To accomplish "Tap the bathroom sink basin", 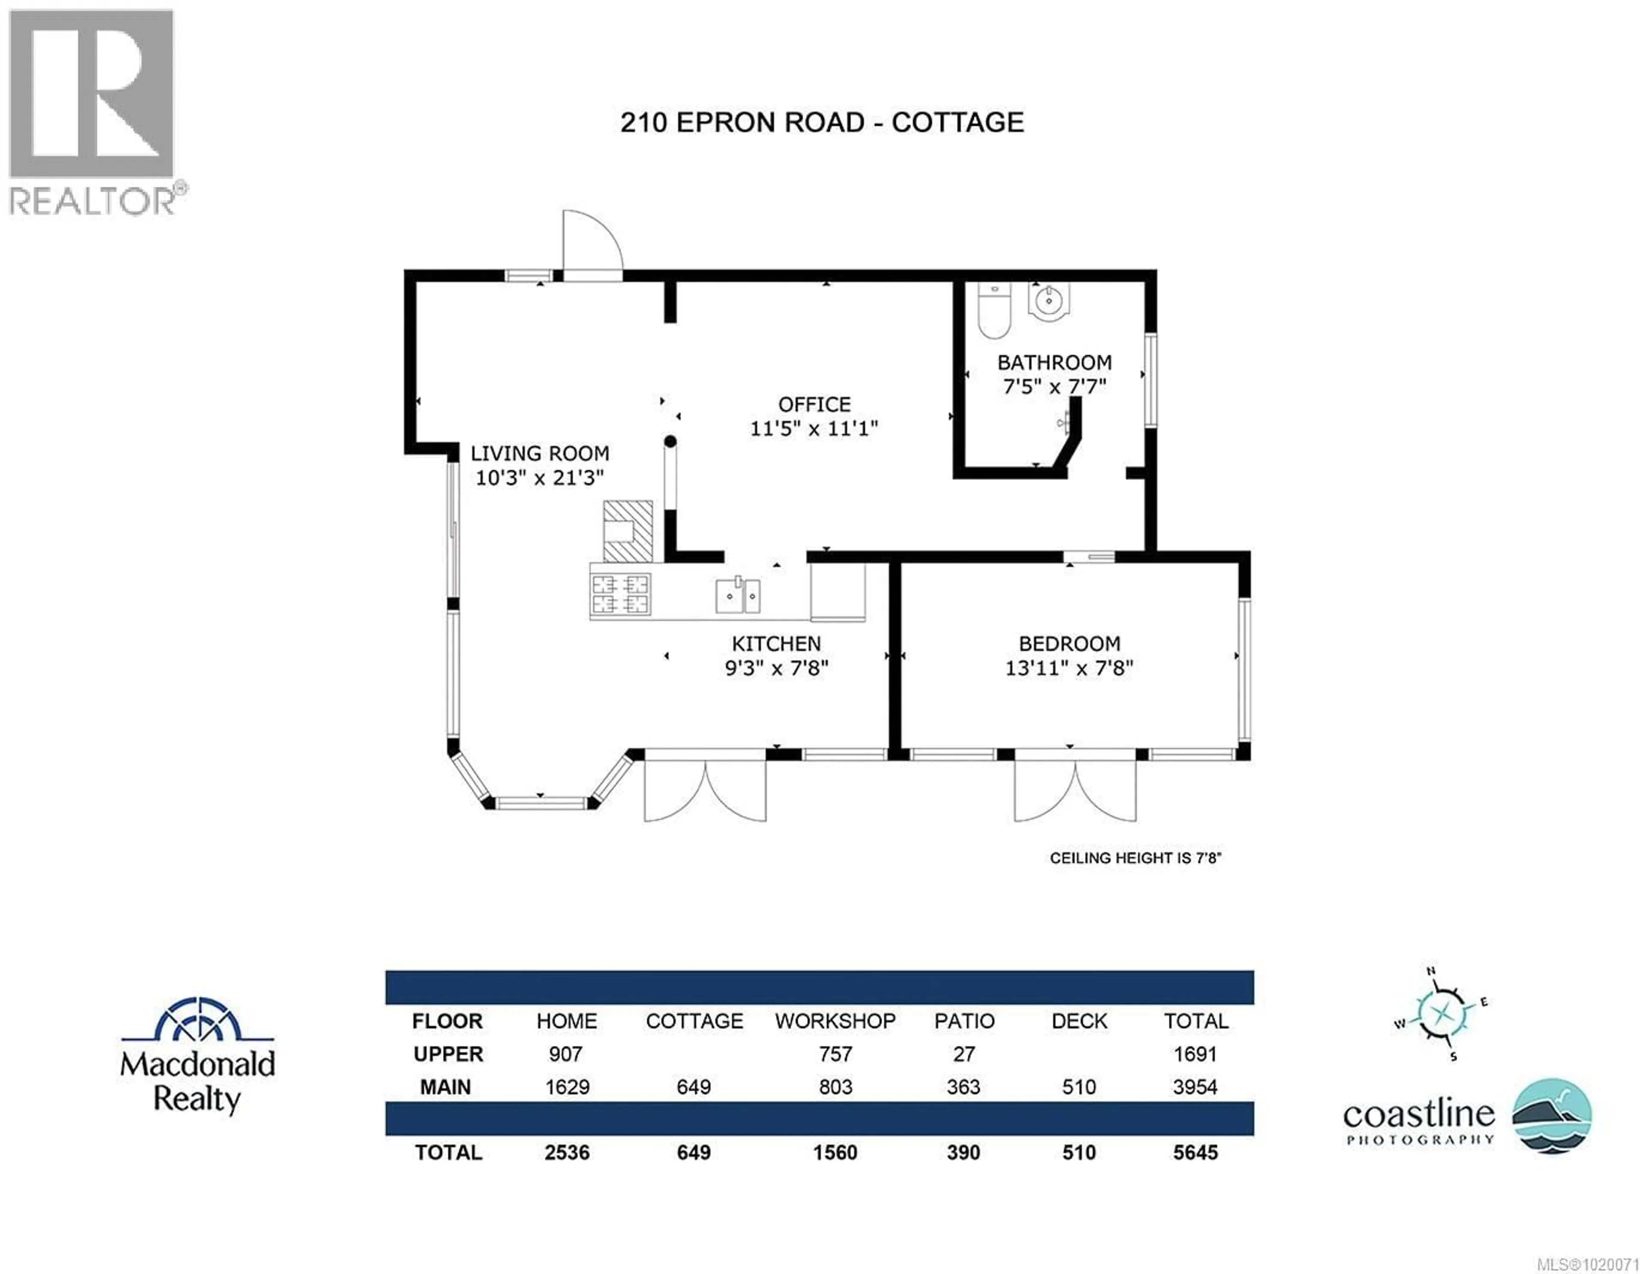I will tap(1048, 302).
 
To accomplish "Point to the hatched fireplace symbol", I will tap(627, 531).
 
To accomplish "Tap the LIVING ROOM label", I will tap(540, 453).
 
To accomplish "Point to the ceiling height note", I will tap(1135, 858).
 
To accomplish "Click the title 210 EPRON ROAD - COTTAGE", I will tap(822, 122).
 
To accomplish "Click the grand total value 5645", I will tap(1195, 1153).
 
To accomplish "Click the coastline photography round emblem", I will tap(1552, 1115).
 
